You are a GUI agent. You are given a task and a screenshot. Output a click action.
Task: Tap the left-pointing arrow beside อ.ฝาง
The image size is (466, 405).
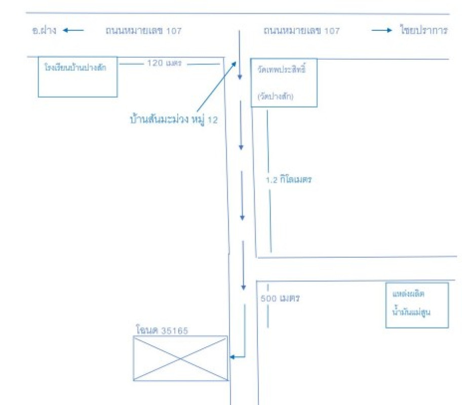[x=73, y=30]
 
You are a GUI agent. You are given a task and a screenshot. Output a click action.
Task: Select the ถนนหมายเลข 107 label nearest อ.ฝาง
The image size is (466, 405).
[x=143, y=31]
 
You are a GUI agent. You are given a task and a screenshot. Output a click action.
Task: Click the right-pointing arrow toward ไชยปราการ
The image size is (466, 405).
[x=382, y=30]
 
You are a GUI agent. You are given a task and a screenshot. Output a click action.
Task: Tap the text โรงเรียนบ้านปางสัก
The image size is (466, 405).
[x=75, y=67]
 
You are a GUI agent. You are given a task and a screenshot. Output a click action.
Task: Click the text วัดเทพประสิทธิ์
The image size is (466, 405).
[x=283, y=67]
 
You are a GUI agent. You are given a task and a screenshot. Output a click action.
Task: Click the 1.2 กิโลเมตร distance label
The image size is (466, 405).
[x=288, y=180]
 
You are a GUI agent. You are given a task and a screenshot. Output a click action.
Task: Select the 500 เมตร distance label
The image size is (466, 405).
[x=280, y=299]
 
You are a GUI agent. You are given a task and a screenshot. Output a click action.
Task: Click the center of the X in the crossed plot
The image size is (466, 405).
[x=180, y=358]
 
